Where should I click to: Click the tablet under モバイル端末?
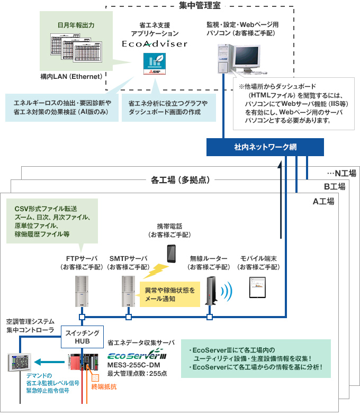coord(257,287)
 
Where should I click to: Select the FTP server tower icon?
coord(82,291)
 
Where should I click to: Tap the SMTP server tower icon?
coord(128,291)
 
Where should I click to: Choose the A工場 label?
coord(323,201)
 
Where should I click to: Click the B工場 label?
coord(335,186)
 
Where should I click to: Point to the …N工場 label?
coord(342,173)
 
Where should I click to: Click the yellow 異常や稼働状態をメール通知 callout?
coord(170,295)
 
